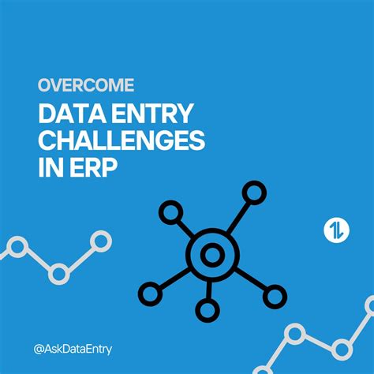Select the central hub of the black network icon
[211, 255]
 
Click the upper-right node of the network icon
[254, 192]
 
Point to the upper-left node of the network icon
[169, 211]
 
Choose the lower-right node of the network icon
[274, 297]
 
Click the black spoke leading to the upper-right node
[237, 217]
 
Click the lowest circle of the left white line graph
[58, 274]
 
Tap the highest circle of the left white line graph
[100, 240]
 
